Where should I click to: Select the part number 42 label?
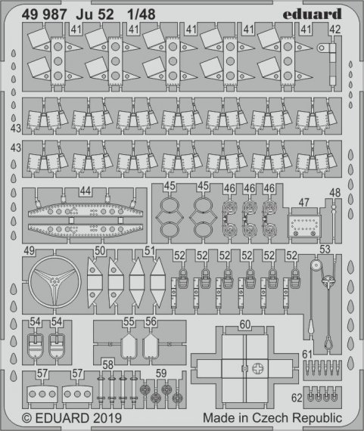335,29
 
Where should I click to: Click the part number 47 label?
303,203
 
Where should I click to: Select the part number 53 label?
325,250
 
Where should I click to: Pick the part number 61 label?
306,354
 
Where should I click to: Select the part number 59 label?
160,371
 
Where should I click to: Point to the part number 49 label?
30,251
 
